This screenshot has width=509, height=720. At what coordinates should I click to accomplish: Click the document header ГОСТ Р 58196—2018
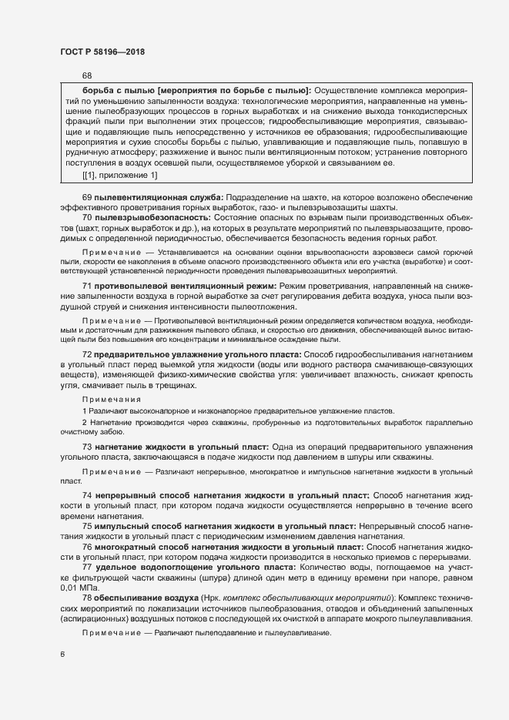tap(102, 52)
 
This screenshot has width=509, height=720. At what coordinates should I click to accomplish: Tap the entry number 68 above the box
tap(86, 75)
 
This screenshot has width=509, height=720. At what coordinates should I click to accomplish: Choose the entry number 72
tap(87, 332)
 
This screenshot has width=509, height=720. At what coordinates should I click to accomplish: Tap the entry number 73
tap(87, 447)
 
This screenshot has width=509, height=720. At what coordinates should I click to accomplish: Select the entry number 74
tap(87, 495)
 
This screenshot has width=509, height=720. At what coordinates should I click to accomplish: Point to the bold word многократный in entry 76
tap(125, 546)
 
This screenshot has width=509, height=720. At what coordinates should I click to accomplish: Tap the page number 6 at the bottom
tap(62, 654)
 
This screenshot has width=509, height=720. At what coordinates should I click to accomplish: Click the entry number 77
tap(87, 567)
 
